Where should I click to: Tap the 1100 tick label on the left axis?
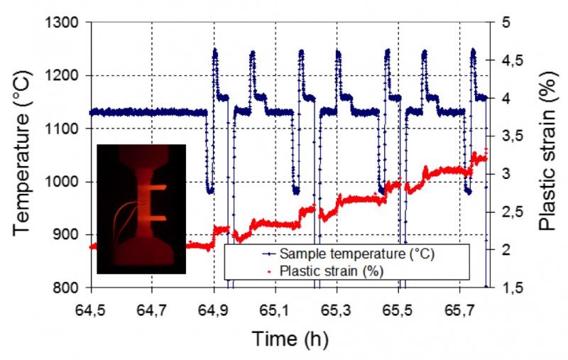(65, 129)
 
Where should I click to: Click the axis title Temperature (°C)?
(21, 155)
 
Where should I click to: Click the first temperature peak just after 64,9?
(214, 50)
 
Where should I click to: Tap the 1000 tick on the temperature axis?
(65, 182)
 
